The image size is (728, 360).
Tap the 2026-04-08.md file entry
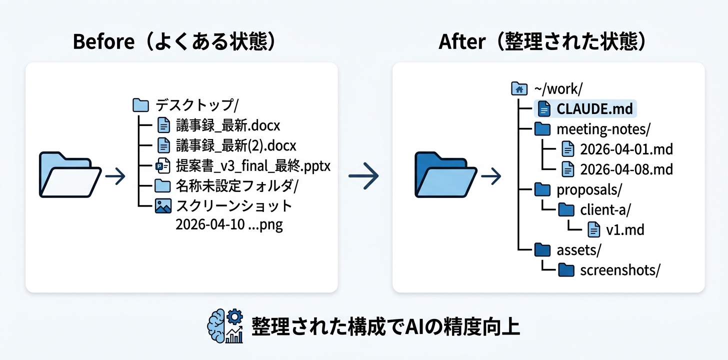pyautogui.click(x=626, y=169)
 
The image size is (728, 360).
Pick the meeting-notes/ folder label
pyautogui.click(x=603, y=129)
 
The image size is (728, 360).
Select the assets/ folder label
pyautogui.click(x=578, y=249)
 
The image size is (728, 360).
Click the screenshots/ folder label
pyautogui.click(x=620, y=270)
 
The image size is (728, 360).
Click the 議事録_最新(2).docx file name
pyautogui.click(x=236, y=145)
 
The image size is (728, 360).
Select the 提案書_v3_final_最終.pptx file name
pyautogui.click(x=253, y=165)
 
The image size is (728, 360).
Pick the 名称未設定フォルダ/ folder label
pyautogui.click(x=237, y=186)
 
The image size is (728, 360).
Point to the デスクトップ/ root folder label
pyautogui.click(x=197, y=105)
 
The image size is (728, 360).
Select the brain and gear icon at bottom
pyautogui.click(x=225, y=326)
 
